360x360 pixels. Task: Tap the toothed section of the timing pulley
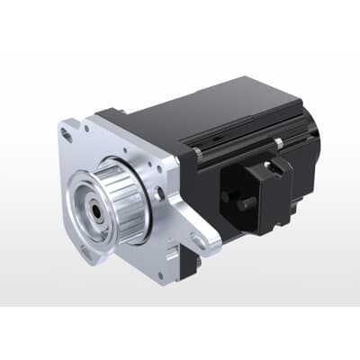tap(125, 193)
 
